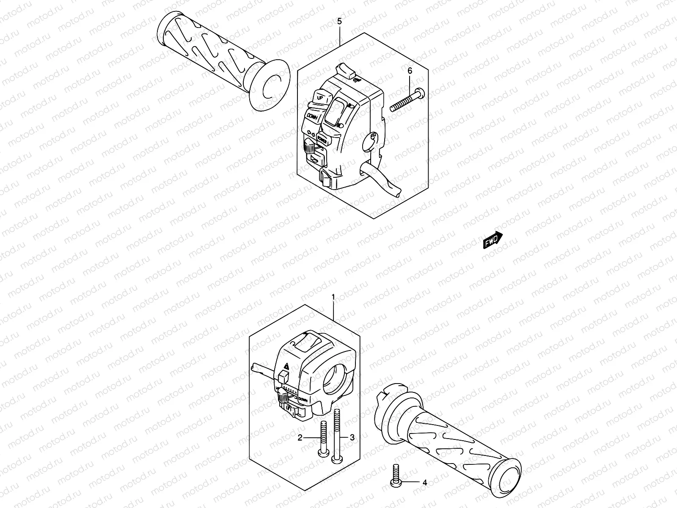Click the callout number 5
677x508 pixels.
pos(340,22)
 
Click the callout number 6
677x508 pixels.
pos(410,71)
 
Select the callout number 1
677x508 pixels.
pos(333,298)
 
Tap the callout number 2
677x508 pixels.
pos(300,438)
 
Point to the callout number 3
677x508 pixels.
pos(352,438)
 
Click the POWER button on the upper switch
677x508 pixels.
pos(321,138)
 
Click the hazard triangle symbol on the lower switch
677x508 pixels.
pos(286,366)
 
